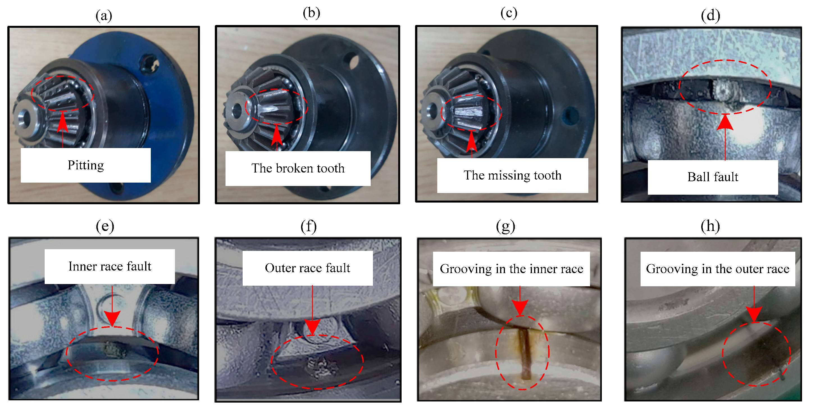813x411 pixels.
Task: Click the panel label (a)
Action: [104, 15]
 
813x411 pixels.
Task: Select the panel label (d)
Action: [710, 15]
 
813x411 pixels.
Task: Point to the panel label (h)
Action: [710, 226]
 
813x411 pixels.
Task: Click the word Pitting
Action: [86, 165]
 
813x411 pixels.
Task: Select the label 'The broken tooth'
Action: [298, 168]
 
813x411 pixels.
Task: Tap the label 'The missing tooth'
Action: [513, 175]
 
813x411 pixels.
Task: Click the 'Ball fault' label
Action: [713, 177]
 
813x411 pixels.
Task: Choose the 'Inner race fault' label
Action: [110, 266]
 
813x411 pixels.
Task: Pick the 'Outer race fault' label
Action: [308, 268]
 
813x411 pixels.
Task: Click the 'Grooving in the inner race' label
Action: [512, 269]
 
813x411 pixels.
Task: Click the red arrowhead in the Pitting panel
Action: [63, 122]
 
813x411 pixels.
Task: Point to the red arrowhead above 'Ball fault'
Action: [725, 122]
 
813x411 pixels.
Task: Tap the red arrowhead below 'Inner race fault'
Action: [112, 318]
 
